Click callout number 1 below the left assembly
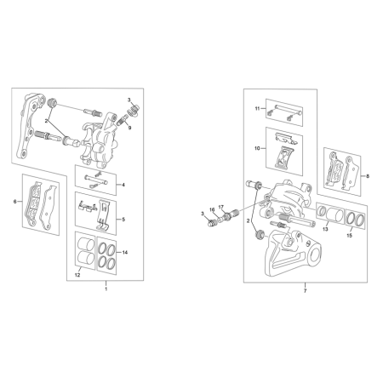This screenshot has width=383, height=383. point(106,289)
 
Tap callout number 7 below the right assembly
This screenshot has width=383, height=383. point(305,291)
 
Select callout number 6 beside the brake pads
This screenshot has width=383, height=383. point(15,202)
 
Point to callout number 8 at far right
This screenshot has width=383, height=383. point(368,176)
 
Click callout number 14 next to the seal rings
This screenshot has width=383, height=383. point(125,252)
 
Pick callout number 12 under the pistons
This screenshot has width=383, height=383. point(77,275)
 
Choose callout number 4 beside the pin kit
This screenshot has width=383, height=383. point(123,185)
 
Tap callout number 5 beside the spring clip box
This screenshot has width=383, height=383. point(123,220)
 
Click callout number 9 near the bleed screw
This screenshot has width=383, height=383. point(129,128)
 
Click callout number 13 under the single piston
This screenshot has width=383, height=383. point(325,229)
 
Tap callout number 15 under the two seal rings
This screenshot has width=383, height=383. point(350,236)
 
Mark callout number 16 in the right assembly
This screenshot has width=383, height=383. point(212,209)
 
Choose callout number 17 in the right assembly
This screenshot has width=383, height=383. point(221,207)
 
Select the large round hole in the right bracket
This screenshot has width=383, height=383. point(314,255)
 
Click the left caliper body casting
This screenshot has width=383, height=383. point(98,140)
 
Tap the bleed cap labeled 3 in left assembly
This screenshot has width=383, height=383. point(134,110)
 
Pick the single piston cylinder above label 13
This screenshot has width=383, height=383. point(334,214)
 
